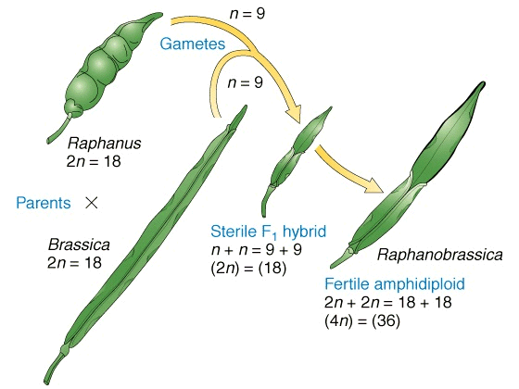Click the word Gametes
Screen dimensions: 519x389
pos(193,44)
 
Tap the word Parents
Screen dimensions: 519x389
pos(44,203)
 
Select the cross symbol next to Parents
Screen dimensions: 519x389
pos(92,203)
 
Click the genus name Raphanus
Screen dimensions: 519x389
pos(104,144)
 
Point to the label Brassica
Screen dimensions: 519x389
pos(79,245)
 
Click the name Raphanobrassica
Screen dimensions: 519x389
pos(440,255)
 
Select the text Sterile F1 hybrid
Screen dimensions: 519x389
pos(269,232)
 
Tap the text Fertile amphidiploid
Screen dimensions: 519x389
pos(395,283)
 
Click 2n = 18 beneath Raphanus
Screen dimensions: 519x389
pos(94,162)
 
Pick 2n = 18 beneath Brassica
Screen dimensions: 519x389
pos(74,263)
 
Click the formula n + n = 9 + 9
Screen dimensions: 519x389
pos(257,250)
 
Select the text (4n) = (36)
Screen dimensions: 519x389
pos(362,321)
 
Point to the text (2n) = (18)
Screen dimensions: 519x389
pos(248,268)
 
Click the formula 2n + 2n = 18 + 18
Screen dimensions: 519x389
pos(388,302)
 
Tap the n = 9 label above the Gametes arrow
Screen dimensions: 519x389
pos(247,14)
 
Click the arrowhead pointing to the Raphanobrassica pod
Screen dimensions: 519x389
pos(373,186)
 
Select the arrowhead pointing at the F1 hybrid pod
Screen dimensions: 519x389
pos(293,114)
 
